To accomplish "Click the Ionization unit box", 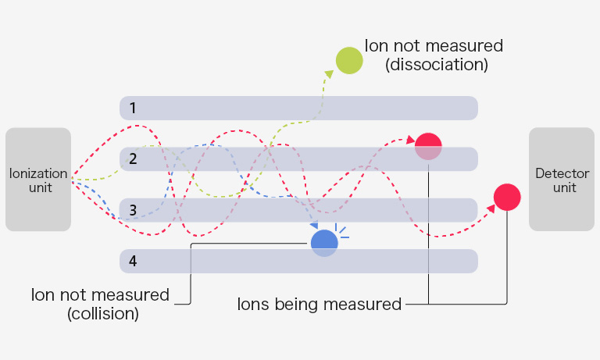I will [37, 180].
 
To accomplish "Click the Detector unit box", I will [561, 180].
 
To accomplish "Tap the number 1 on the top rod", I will [133, 108].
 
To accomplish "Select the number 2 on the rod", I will [133, 159].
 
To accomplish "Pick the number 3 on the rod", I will [133, 210].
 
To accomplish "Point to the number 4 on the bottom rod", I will [133, 261].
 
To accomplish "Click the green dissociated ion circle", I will [348, 60].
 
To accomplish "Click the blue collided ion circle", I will [324, 243].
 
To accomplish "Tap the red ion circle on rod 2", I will [428, 146].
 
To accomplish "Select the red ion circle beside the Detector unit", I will [507, 197].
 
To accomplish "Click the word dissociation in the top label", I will [437, 65].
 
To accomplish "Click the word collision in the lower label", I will [103, 314].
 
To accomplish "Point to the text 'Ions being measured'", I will [319, 304].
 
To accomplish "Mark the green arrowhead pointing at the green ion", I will [330, 73].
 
